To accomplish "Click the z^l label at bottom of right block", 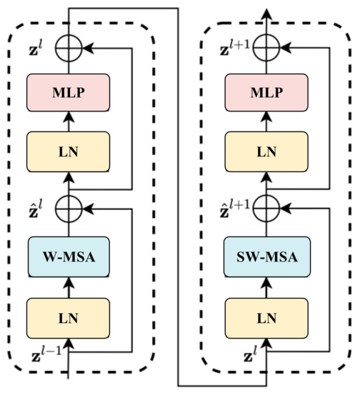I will pos(246,355).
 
